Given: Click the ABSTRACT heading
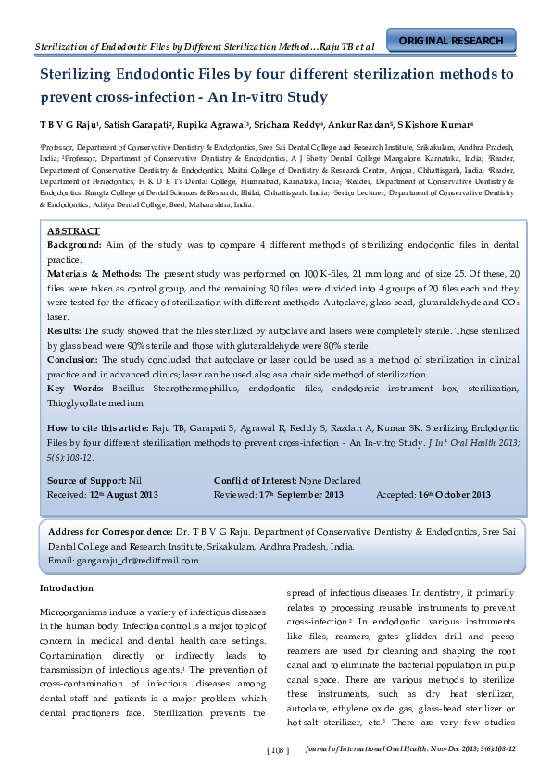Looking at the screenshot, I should tap(73, 230).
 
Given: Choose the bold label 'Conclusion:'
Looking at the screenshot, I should tap(75, 360).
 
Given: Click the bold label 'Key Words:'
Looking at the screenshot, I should tap(75, 389).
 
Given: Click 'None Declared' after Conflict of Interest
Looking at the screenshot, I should tap(330, 481).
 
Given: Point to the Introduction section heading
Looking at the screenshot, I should tap(67, 588).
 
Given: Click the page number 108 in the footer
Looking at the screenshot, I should tap(278, 750).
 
